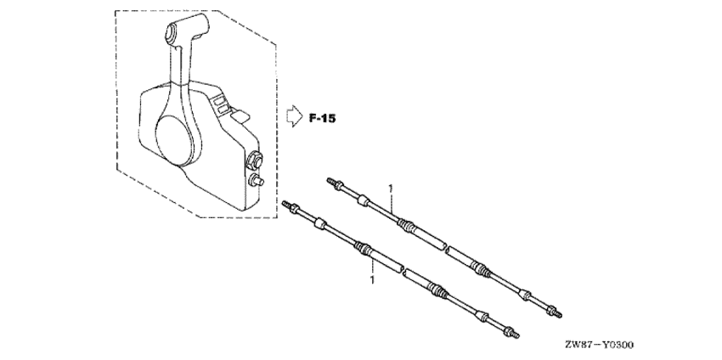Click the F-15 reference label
322,118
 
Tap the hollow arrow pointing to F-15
294,116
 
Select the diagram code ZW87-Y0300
600,345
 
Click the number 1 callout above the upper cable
391,188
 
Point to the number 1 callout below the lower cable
372,280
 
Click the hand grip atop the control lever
188,28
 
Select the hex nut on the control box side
255,160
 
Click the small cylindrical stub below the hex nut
256,181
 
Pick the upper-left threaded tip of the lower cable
286,204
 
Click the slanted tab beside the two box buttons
240,116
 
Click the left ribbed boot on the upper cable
406,225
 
